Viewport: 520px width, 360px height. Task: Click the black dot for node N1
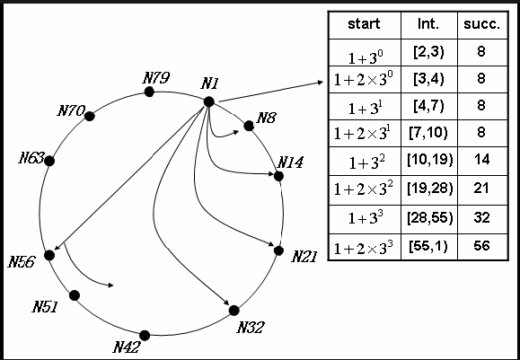point(208,101)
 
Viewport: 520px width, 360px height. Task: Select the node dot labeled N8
point(249,126)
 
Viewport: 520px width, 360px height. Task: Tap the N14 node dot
point(278,176)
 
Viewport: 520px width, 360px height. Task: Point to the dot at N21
point(278,250)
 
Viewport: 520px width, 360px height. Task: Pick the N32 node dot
point(234,310)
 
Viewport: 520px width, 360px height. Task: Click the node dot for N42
point(145,335)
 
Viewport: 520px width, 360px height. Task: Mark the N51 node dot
point(74,294)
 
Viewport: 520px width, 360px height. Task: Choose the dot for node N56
point(49,255)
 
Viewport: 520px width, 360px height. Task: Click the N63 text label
point(31,159)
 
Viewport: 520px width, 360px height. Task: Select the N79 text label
point(157,77)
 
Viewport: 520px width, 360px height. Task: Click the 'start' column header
point(363,24)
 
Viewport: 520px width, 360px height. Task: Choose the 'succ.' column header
point(481,24)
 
